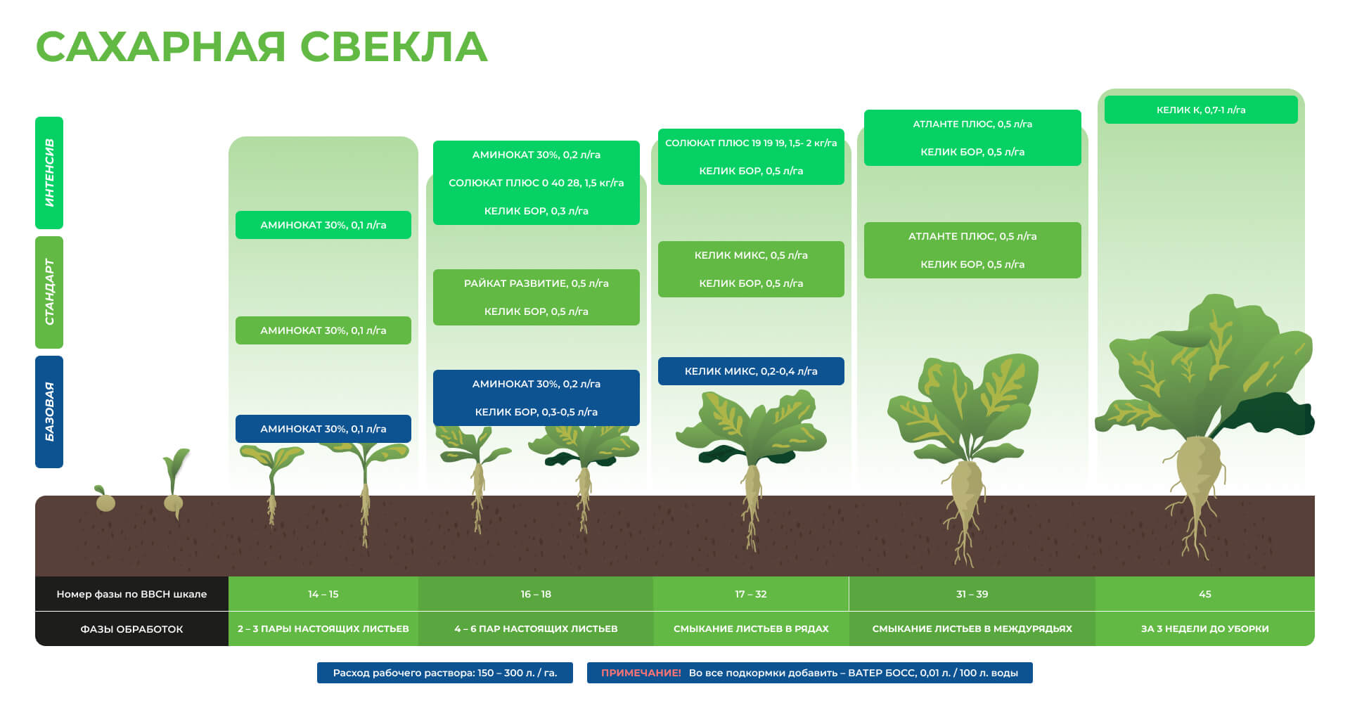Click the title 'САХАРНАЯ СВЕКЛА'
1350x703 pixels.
click(x=261, y=47)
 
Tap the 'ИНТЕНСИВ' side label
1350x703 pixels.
click(x=49, y=173)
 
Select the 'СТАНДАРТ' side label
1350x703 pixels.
click(x=49, y=292)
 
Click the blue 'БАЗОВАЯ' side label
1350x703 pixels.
click(x=49, y=412)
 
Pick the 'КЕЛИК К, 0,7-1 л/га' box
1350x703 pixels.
click(x=1201, y=110)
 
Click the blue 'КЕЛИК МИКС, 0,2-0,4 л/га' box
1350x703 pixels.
click(x=751, y=371)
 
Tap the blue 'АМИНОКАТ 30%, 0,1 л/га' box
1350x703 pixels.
click(x=323, y=429)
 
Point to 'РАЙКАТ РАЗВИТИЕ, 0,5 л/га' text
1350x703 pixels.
click(x=536, y=283)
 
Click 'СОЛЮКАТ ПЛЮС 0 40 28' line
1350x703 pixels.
click(x=536, y=183)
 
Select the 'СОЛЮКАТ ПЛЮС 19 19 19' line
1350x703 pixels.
click(x=751, y=143)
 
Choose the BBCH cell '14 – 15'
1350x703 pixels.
click(x=323, y=594)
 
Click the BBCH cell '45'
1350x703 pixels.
click(x=1205, y=594)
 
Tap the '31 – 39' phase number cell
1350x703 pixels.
click(x=972, y=594)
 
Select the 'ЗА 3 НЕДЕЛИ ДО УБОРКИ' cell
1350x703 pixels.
click(x=1205, y=628)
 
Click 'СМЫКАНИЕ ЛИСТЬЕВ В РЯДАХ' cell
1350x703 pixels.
click(x=751, y=628)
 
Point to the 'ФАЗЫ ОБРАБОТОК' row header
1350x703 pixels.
click(x=131, y=628)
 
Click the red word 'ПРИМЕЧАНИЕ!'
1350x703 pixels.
click(x=641, y=673)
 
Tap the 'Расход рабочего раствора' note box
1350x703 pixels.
click(x=445, y=673)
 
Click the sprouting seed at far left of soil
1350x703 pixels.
click(x=104, y=498)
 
